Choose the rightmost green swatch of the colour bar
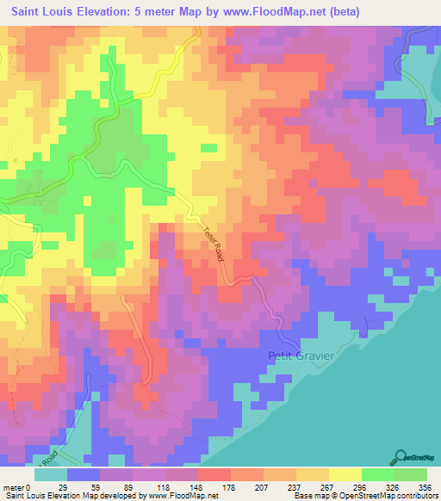411,473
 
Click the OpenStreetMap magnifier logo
402,457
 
